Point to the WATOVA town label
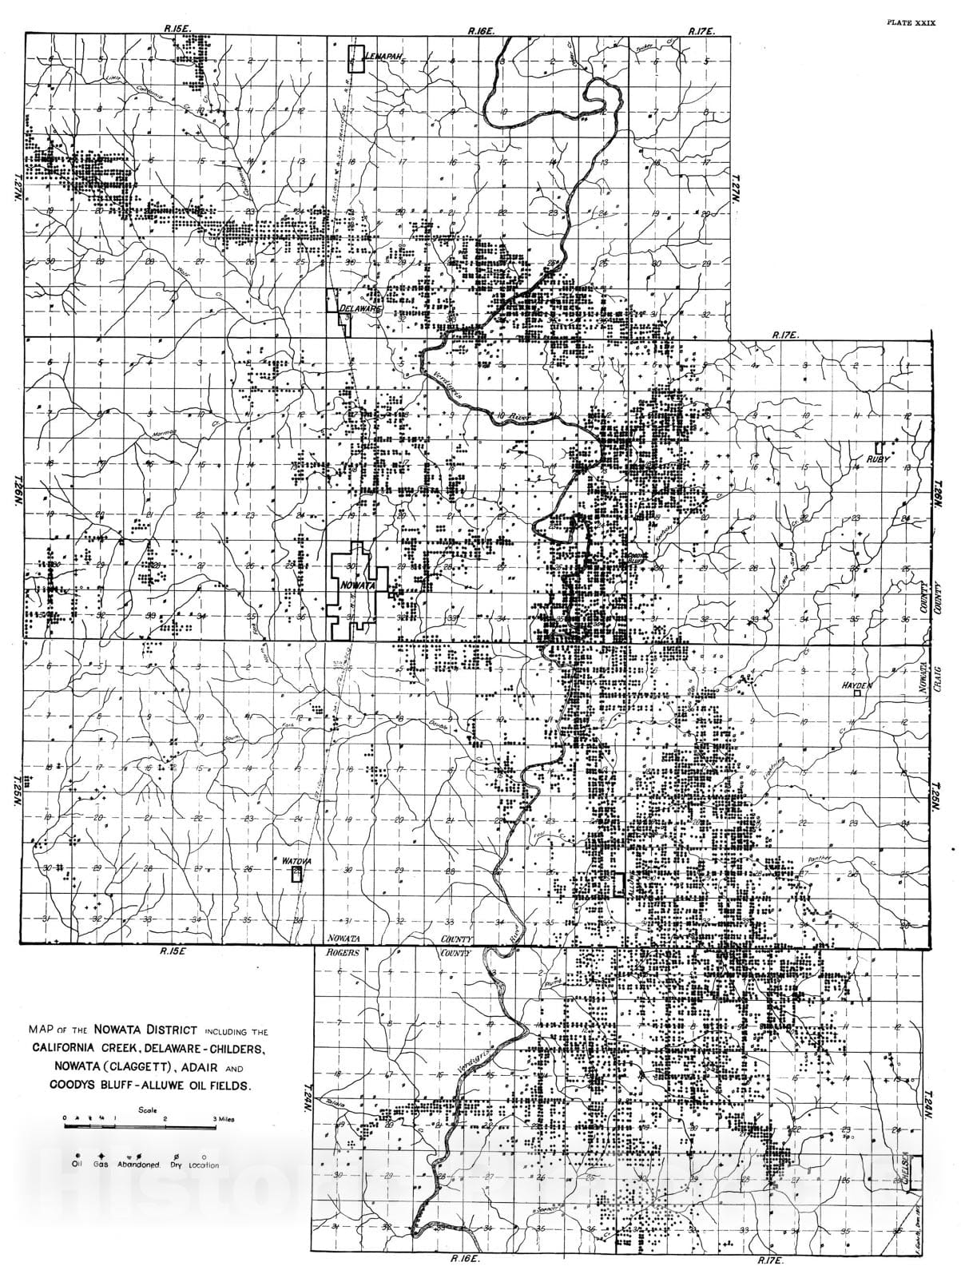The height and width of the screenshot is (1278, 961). point(296,860)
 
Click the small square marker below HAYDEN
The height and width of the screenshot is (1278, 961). point(857,695)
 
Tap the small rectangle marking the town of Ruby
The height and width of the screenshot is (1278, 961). point(879,447)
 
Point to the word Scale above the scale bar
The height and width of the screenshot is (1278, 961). point(147,1109)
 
